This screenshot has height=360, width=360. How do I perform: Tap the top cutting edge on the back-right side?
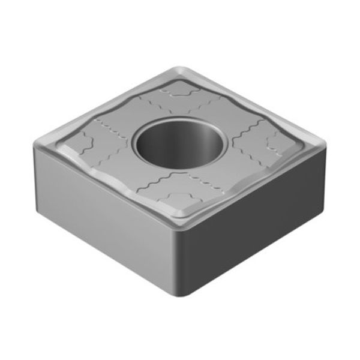pyautogui.click(x=255, y=105)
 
